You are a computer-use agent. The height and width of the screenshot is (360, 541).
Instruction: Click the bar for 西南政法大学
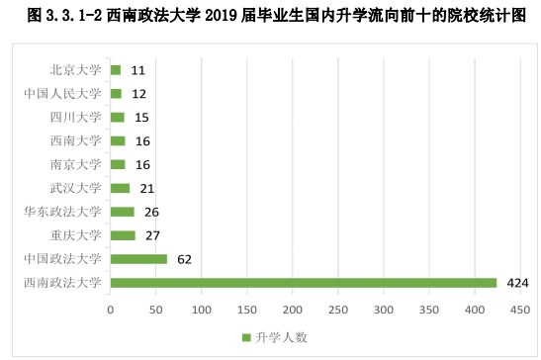point(303,283)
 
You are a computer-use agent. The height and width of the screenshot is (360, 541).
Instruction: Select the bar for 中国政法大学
point(138,259)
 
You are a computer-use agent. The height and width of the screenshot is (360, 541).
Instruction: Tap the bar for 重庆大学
point(123,235)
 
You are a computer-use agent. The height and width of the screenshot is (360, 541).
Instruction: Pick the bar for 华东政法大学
point(122,212)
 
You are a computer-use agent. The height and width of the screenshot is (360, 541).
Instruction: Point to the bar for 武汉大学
point(120,188)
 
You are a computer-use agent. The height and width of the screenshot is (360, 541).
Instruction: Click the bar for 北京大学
point(116,70)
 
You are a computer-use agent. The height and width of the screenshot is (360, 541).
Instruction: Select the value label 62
point(183,259)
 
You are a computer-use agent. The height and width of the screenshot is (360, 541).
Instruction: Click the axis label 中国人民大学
point(62,93)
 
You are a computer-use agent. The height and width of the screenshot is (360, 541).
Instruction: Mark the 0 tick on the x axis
point(111,309)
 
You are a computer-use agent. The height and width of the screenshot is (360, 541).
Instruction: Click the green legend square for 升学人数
point(246,337)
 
